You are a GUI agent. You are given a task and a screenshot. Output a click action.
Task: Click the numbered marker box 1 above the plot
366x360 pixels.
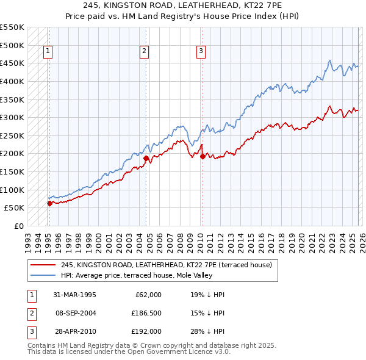point(48,52)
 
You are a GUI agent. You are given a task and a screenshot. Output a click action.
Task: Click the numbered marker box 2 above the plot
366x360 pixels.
point(145,52)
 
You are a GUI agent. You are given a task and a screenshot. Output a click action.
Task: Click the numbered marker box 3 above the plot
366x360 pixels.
point(201,52)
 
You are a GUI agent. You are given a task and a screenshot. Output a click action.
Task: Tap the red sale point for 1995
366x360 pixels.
point(49,204)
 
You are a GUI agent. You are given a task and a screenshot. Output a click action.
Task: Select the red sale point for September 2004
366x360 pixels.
point(146,159)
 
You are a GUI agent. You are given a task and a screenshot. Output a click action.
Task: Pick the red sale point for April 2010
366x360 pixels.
point(202,156)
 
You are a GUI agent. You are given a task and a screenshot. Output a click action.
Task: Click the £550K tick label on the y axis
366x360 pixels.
point(13,27)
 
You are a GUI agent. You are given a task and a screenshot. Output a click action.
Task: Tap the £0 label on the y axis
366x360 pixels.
point(20,226)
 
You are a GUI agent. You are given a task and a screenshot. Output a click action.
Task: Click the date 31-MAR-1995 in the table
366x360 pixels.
point(74,295)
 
